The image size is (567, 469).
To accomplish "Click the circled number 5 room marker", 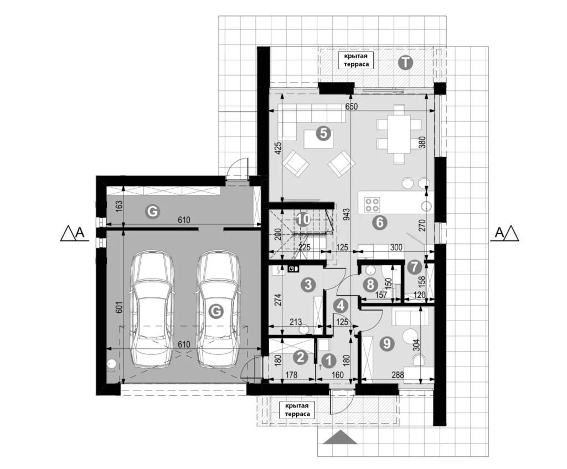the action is point(323,133).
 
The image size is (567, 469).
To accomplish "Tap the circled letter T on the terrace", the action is point(405,63).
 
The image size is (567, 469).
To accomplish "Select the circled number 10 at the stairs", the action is point(303,219).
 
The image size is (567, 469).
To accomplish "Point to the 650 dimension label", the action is point(351,106).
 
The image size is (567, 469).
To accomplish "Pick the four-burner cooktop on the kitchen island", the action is point(372,204).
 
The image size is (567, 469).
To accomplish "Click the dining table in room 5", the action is point(399,134).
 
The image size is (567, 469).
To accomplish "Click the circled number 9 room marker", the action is point(387,343).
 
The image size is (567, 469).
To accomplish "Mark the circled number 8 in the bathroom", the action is point(370,285).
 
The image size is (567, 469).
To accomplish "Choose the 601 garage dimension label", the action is point(120,307).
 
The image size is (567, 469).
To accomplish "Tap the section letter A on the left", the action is point(80,233).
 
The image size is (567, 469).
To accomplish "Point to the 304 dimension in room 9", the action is point(416,346).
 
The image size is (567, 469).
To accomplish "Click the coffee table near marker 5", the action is point(318,139).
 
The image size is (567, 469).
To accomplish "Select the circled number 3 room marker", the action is point(308,285).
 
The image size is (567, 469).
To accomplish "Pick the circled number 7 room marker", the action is point(414,267).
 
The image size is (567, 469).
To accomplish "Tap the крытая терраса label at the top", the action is point(356,60).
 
